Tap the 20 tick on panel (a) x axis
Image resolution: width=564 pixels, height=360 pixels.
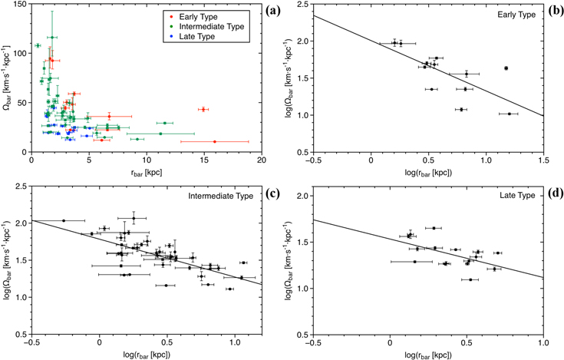tap(262, 161)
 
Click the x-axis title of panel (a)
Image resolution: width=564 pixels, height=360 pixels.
tap(146, 172)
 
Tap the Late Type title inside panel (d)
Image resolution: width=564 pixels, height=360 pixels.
tap(518, 197)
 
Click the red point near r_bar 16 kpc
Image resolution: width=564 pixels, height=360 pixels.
tap(215, 141)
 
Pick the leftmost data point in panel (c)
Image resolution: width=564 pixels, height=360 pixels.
tap(64, 220)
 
